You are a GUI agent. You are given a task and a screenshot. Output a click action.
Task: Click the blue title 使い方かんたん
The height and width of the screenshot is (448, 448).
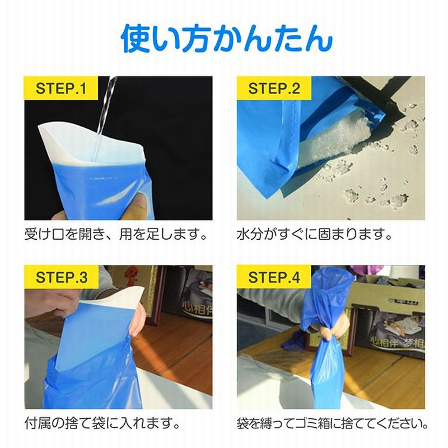227,38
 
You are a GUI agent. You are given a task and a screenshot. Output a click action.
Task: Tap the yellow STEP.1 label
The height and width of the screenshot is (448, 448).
60,88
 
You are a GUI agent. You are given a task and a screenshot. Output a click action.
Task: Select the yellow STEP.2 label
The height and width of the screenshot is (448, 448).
274,88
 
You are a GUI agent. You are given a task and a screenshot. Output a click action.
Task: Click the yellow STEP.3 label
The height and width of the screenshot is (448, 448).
61,277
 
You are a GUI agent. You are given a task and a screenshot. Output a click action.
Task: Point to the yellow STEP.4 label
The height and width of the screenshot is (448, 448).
274,277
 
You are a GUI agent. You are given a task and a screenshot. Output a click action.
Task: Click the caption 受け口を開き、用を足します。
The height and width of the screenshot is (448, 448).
115,235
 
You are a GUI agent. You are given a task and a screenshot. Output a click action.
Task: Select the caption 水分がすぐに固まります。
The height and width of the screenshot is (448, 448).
314,235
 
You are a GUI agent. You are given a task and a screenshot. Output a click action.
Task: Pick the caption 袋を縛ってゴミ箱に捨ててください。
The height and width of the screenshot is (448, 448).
332,423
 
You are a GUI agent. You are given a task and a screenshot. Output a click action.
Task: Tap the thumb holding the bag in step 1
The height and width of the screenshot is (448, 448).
141,202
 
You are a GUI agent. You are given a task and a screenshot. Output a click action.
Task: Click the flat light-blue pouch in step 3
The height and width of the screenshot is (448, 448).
94,337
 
